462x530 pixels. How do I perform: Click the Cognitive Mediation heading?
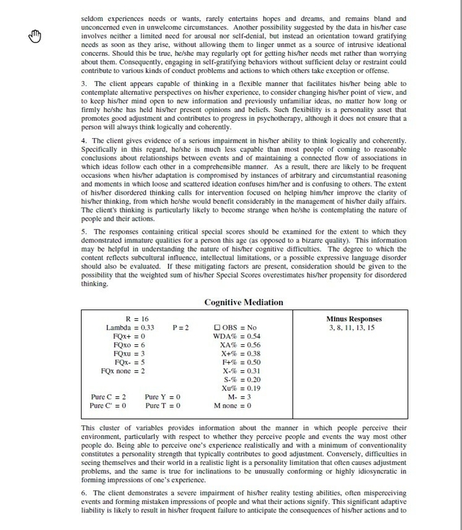(x=243, y=302)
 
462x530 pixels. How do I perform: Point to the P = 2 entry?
(x=180, y=328)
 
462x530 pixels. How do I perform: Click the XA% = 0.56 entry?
(x=240, y=345)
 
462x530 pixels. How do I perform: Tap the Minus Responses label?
(x=354, y=319)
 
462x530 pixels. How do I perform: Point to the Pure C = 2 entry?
(x=108, y=397)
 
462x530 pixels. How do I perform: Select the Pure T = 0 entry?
(x=162, y=406)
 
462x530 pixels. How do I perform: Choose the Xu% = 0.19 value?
(x=241, y=388)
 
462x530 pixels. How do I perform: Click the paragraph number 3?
(x=84, y=103)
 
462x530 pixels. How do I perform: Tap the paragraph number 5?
(x=84, y=232)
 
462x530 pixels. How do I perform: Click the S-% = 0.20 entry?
(x=241, y=380)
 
